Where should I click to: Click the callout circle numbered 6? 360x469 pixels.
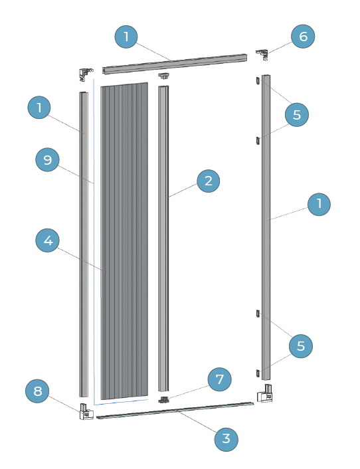[303, 37]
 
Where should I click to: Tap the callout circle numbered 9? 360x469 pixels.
[48, 160]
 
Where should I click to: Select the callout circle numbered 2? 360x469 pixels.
[209, 181]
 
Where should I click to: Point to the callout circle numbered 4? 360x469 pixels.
[48, 240]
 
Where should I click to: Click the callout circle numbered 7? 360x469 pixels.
[220, 379]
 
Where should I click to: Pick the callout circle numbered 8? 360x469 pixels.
[37, 391]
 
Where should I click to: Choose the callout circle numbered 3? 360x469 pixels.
[226, 439]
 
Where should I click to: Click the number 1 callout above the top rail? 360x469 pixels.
[126, 37]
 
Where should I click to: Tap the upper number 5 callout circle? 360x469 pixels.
[297, 114]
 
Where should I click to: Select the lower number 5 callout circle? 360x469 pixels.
[301, 346]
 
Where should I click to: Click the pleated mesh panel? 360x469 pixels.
[124, 240]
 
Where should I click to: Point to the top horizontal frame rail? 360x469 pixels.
[175, 64]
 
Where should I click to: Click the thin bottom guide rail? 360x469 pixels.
[175, 411]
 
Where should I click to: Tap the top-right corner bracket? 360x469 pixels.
[262, 54]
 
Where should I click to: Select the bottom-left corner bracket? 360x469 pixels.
[86, 412]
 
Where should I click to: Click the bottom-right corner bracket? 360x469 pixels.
[265, 393]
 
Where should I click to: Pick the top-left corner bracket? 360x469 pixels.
[86, 74]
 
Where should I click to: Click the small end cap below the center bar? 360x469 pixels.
[163, 400]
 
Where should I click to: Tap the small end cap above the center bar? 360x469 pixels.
[163, 76]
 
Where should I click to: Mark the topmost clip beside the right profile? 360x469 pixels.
[258, 81]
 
